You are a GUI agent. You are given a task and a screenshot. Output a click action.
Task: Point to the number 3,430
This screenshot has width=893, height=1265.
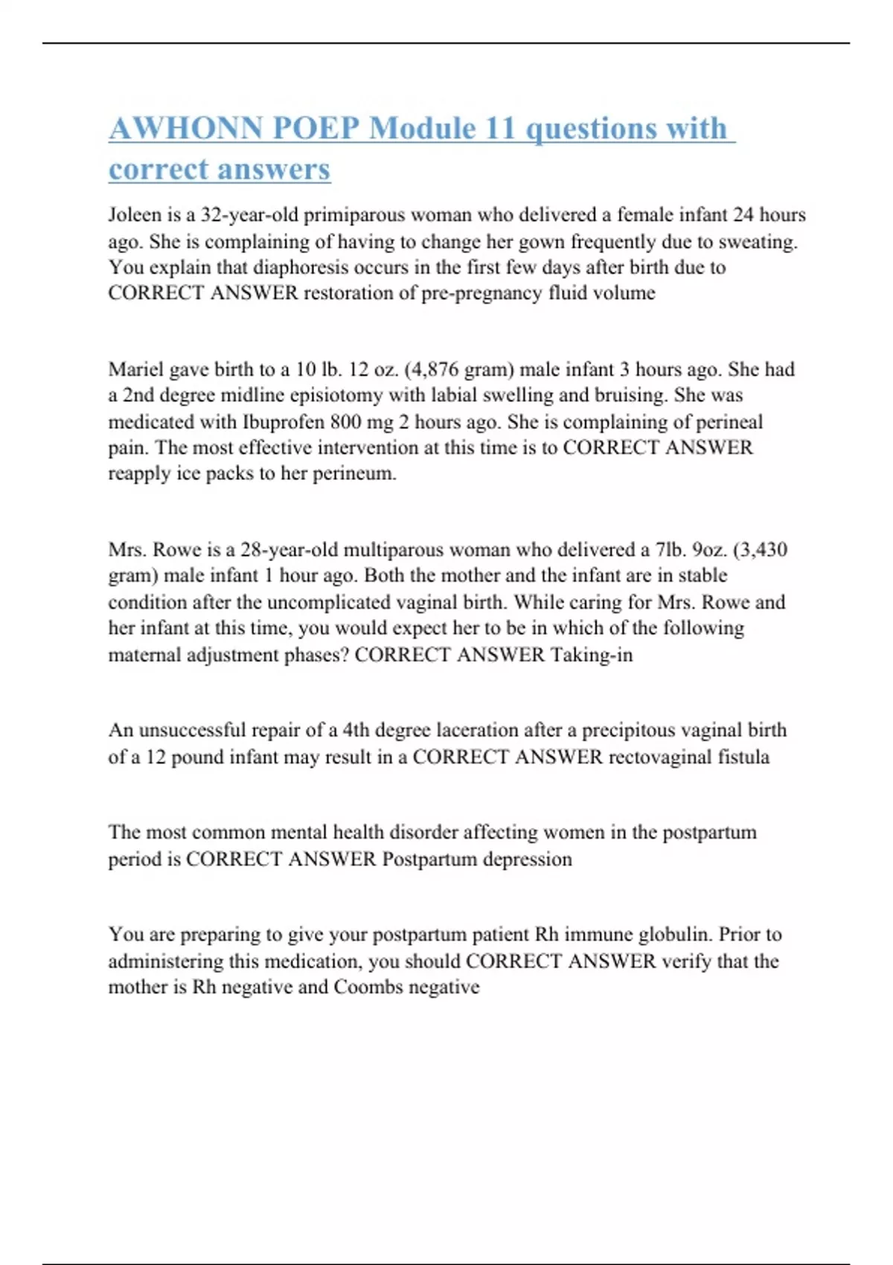762,550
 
